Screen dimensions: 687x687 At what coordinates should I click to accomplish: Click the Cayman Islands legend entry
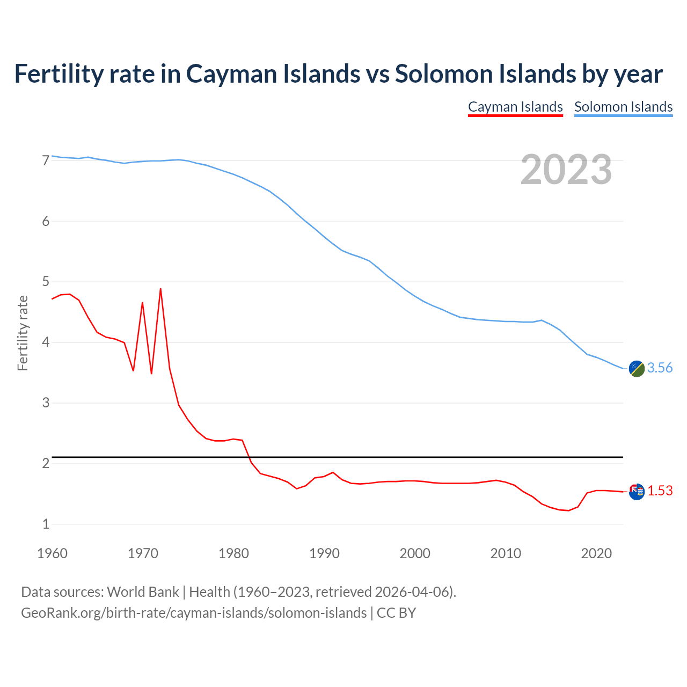pos(515,107)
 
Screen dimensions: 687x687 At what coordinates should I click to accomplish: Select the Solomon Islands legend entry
pos(623,107)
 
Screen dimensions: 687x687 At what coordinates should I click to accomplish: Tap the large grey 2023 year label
pos(566,170)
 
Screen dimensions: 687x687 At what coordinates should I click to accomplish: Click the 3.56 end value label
pos(660,368)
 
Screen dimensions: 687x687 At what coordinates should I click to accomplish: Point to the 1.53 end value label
pos(660,491)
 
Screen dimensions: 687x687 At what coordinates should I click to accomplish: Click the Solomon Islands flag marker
pos(637,369)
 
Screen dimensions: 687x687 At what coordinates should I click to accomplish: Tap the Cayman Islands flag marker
pos(637,491)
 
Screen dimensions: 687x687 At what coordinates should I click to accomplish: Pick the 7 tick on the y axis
pos(46,160)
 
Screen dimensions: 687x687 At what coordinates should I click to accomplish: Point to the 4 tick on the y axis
pos(46,342)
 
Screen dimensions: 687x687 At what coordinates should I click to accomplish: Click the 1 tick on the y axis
pos(46,524)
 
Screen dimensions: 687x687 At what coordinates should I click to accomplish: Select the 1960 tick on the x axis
pos(52,553)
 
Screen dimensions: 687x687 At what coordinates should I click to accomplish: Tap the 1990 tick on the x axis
pos(324,553)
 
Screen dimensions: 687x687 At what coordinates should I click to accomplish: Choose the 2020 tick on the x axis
pos(596,553)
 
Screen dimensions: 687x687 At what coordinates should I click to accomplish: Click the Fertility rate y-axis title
pos(23,333)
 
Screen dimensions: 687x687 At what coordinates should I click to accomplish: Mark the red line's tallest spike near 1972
pos(160,289)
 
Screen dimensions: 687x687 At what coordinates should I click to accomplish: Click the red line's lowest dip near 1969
pos(133,370)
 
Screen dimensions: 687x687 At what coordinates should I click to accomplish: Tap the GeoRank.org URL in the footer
pos(194,613)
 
